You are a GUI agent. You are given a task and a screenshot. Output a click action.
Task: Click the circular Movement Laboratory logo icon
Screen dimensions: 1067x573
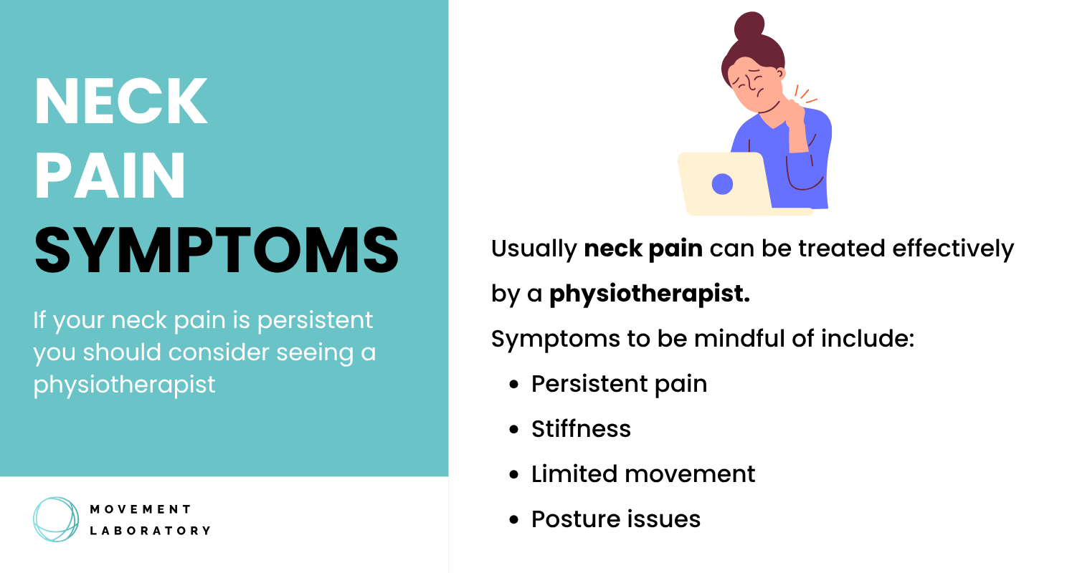(55, 519)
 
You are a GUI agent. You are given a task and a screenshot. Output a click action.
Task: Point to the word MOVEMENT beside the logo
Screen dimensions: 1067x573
(141, 509)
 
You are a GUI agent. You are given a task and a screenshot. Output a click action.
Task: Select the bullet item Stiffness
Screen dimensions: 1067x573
(581, 429)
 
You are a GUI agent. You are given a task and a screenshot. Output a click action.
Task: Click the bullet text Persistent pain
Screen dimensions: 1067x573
(619, 384)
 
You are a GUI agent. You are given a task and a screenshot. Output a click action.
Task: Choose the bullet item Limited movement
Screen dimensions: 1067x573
(643, 474)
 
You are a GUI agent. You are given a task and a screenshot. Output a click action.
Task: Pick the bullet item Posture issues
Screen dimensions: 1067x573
(615, 519)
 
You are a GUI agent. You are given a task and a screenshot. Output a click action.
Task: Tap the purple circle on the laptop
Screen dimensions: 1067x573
(722, 184)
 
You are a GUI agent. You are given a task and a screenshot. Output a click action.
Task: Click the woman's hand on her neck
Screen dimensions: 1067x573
(793, 115)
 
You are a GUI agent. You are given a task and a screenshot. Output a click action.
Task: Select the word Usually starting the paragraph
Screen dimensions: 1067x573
(533, 249)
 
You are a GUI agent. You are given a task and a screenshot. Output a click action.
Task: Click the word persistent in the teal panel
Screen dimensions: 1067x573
(315, 320)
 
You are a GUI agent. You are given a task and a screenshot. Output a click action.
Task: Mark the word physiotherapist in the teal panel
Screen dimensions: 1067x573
(124, 385)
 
